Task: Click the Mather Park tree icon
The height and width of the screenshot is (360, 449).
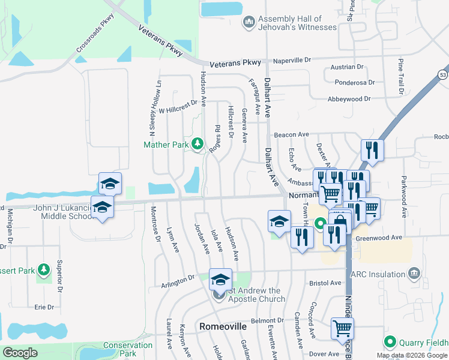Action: coord(197,144)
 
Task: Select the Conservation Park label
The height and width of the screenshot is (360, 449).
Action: coord(127,349)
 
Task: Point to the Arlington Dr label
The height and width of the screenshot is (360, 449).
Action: coord(179,278)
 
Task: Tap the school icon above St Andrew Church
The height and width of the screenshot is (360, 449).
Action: coord(220,280)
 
